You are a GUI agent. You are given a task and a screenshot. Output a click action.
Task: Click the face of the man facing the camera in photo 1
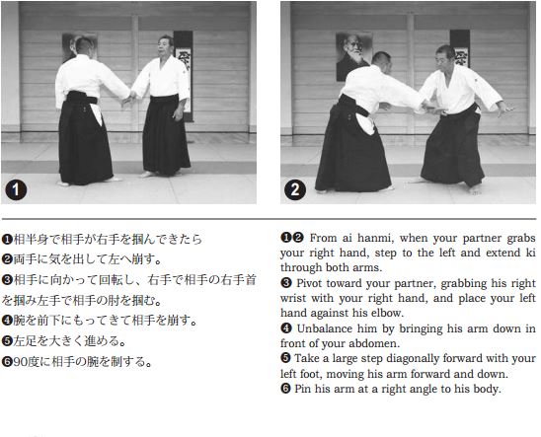[x=163, y=46]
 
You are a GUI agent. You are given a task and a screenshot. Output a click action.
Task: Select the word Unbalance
[x=329, y=328]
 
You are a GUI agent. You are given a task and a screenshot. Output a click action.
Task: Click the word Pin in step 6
[x=302, y=389]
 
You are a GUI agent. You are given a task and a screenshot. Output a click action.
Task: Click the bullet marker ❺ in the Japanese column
[x=7, y=340]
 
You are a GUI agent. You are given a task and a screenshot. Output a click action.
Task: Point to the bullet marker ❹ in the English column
[x=286, y=328]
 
